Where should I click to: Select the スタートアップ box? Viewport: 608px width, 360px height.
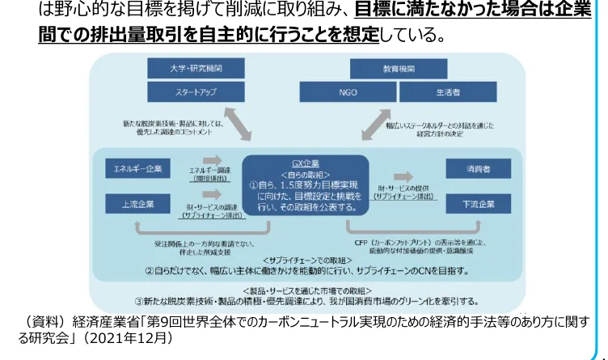(184, 92)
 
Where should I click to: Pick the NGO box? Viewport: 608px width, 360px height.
(348, 92)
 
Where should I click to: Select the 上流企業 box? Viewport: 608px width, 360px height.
(137, 204)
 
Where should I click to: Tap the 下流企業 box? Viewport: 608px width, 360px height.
(476, 204)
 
